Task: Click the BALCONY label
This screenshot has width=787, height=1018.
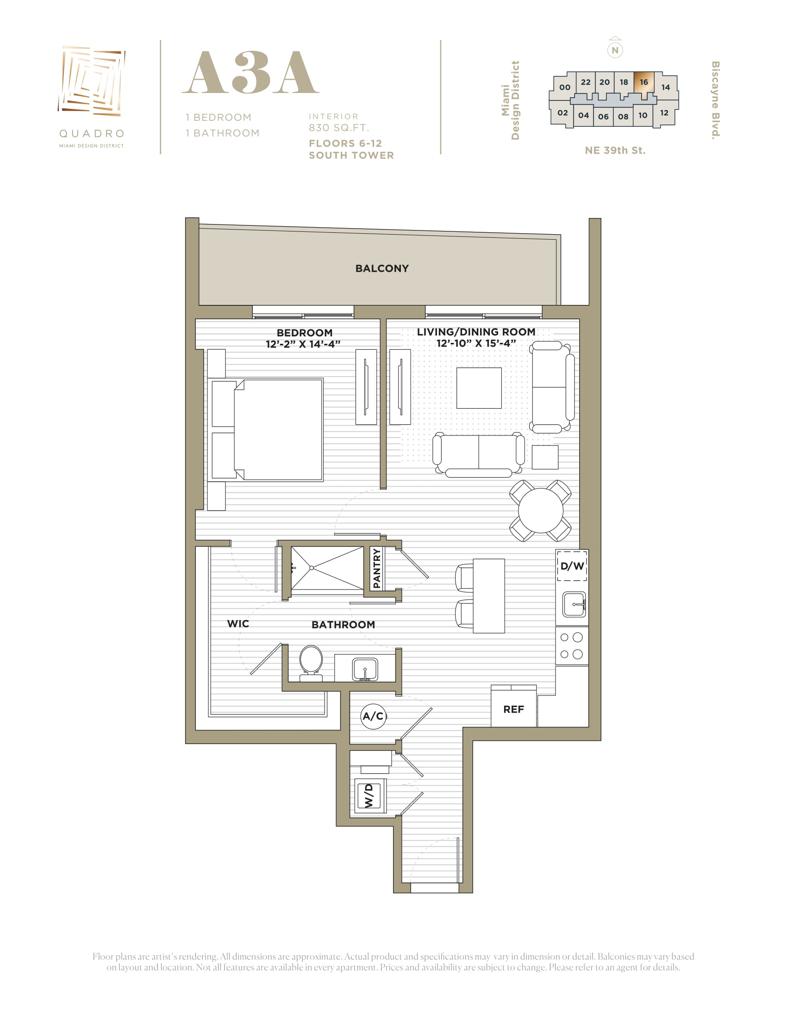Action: [382, 268]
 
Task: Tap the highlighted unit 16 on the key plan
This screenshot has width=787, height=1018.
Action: [644, 82]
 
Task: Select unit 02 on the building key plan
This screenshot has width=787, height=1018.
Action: [563, 113]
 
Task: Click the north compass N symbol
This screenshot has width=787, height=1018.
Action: [615, 50]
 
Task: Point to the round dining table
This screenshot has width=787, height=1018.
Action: [540, 510]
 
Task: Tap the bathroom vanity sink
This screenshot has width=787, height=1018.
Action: [365, 670]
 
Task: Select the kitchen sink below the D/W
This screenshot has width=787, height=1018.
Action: [574, 604]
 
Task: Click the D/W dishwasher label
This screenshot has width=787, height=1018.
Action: [572, 566]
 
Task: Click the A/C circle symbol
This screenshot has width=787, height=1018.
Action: [374, 715]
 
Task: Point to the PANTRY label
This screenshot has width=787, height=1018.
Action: [377, 568]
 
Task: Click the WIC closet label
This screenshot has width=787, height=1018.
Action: [238, 624]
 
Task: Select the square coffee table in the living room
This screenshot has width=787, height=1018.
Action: [479, 388]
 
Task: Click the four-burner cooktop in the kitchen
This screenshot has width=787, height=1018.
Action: [572, 646]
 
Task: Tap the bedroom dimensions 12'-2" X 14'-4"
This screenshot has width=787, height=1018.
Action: [303, 344]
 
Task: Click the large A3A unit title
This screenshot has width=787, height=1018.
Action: [250, 73]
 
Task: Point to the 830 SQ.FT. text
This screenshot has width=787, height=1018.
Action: [339, 128]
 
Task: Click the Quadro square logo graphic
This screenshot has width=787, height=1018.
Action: [92, 81]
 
